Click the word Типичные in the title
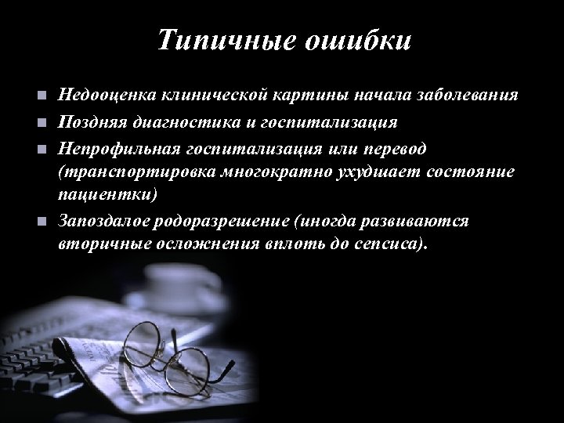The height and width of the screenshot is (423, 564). [x=221, y=39]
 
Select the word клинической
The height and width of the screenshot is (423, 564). [x=206, y=96]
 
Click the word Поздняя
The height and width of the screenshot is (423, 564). [x=89, y=122]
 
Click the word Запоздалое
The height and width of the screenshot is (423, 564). [x=102, y=220]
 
